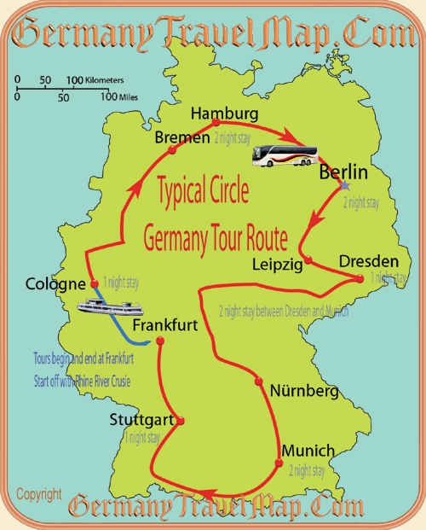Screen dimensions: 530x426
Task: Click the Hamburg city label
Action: [224, 114]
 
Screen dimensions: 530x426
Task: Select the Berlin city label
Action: [343, 172]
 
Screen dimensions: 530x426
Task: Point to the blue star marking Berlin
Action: [344, 185]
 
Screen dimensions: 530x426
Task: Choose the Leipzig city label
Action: [278, 265]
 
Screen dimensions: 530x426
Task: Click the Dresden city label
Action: [368, 260]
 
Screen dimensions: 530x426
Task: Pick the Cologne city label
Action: [55, 284]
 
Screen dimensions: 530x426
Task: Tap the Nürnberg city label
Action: [304, 392]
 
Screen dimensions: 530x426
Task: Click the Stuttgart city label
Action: [142, 420]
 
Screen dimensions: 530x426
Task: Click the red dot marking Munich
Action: [278, 463]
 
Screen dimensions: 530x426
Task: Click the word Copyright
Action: [38, 494]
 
